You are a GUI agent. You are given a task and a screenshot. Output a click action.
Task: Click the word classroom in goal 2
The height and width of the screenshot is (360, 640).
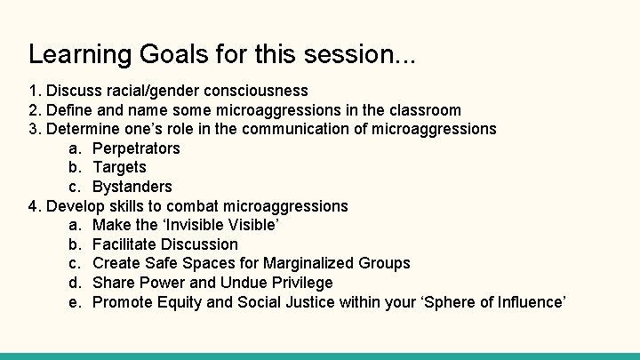click(x=423, y=110)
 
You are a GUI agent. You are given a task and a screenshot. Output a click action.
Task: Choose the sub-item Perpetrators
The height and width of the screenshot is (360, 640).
click(x=136, y=148)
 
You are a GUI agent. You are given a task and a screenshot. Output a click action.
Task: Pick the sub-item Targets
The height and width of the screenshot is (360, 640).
click(x=119, y=167)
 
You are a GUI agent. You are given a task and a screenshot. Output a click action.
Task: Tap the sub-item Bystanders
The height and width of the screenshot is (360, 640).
click(x=132, y=187)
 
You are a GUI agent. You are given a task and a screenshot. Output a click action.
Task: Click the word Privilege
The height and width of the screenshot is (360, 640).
click(x=298, y=283)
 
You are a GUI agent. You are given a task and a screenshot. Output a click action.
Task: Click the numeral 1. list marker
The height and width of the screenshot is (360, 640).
click(x=35, y=91)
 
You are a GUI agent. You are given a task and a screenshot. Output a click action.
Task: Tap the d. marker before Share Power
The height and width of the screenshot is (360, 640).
click(x=75, y=283)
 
